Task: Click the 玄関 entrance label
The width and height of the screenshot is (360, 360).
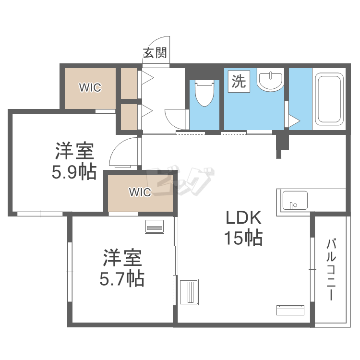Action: pos(155,53)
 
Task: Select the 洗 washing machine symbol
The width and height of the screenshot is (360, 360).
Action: pos(239,82)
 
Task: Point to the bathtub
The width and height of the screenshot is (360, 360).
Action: pos(329,99)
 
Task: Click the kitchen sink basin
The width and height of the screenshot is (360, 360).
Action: pos(295,201)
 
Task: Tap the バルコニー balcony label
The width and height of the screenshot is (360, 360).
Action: pos(331,270)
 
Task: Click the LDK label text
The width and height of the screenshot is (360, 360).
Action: pos(243,217)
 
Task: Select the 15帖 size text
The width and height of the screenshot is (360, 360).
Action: pos(243,238)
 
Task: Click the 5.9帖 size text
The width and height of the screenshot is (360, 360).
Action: pos(74,171)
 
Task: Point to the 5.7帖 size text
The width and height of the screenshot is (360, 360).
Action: pos(122,278)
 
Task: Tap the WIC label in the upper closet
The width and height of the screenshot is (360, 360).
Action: pos(90,87)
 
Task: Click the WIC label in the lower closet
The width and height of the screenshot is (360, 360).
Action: pos(140,192)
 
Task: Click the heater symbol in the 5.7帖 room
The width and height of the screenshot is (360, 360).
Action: pos(155,227)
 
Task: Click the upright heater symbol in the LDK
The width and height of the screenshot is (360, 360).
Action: pos(190,292)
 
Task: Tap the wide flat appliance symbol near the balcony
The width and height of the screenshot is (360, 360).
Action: pos(290,310)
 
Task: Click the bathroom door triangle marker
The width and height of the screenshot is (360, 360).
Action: pos(294,121)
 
